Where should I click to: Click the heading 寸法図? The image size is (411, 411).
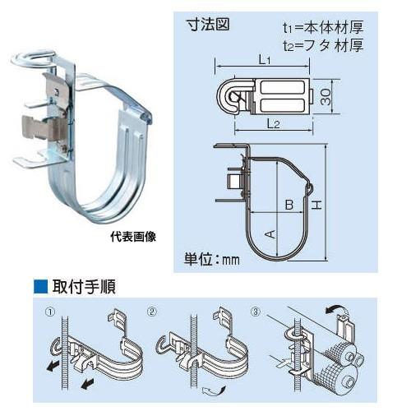(207, 25)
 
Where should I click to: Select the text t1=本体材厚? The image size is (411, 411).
(319, 27)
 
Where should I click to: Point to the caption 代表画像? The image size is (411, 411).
(132, 236)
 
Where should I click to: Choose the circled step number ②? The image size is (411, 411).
(152, 312)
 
